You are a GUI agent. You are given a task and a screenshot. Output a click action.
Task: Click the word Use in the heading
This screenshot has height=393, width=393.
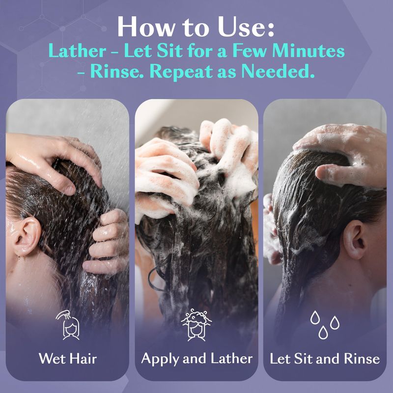coord(246,27)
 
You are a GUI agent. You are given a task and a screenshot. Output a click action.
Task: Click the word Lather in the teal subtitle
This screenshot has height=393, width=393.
coord(77,51)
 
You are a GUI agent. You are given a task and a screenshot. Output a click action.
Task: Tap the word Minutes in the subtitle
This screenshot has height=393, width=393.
coord(309,51)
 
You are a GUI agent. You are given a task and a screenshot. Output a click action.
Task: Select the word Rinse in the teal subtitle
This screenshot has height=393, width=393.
coord(117,71)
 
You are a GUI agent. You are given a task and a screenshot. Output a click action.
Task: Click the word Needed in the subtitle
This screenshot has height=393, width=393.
coord(278,71)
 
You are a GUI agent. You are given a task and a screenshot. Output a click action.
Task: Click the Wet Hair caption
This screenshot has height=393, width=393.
coord(68,359)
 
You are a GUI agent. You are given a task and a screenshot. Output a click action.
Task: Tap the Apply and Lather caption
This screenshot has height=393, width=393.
coord(197,359)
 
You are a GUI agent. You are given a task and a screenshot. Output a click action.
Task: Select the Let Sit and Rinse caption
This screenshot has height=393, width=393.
coord(325,359)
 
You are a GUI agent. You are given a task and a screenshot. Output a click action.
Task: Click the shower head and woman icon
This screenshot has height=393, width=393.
coord(68,325)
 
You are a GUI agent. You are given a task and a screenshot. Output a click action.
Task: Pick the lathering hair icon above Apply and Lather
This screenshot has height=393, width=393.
coord(196,325)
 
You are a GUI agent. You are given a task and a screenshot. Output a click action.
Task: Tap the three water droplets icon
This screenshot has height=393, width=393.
coord(325,325)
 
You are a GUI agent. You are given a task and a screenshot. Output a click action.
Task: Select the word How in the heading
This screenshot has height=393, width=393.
coord(145,27)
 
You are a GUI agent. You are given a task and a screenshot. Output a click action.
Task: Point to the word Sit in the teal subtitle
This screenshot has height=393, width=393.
coord(170,51)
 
